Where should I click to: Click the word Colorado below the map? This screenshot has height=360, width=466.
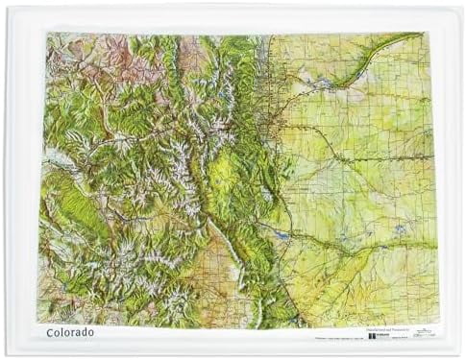tap(70, 332)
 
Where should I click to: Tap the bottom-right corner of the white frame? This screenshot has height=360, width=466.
tap(460, 354)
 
